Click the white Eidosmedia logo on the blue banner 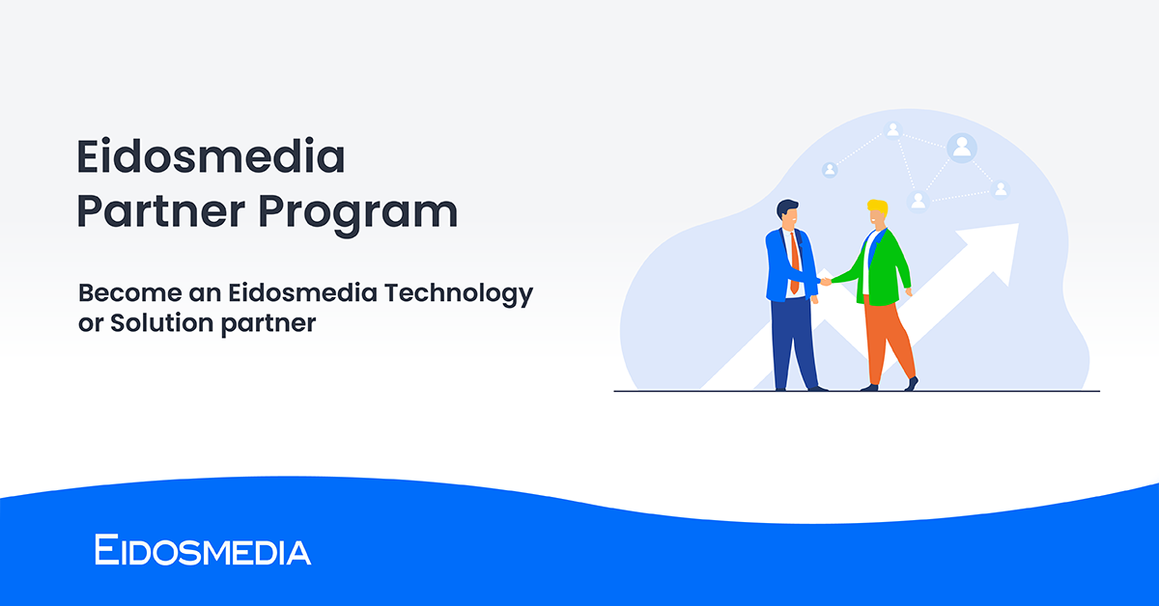click(203, 551)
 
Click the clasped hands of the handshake click(824, 282)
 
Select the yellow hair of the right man click(877, 207)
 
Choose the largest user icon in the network click(962, 148)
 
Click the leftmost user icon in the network click(830, 170)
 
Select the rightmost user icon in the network click(1001, 189)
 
